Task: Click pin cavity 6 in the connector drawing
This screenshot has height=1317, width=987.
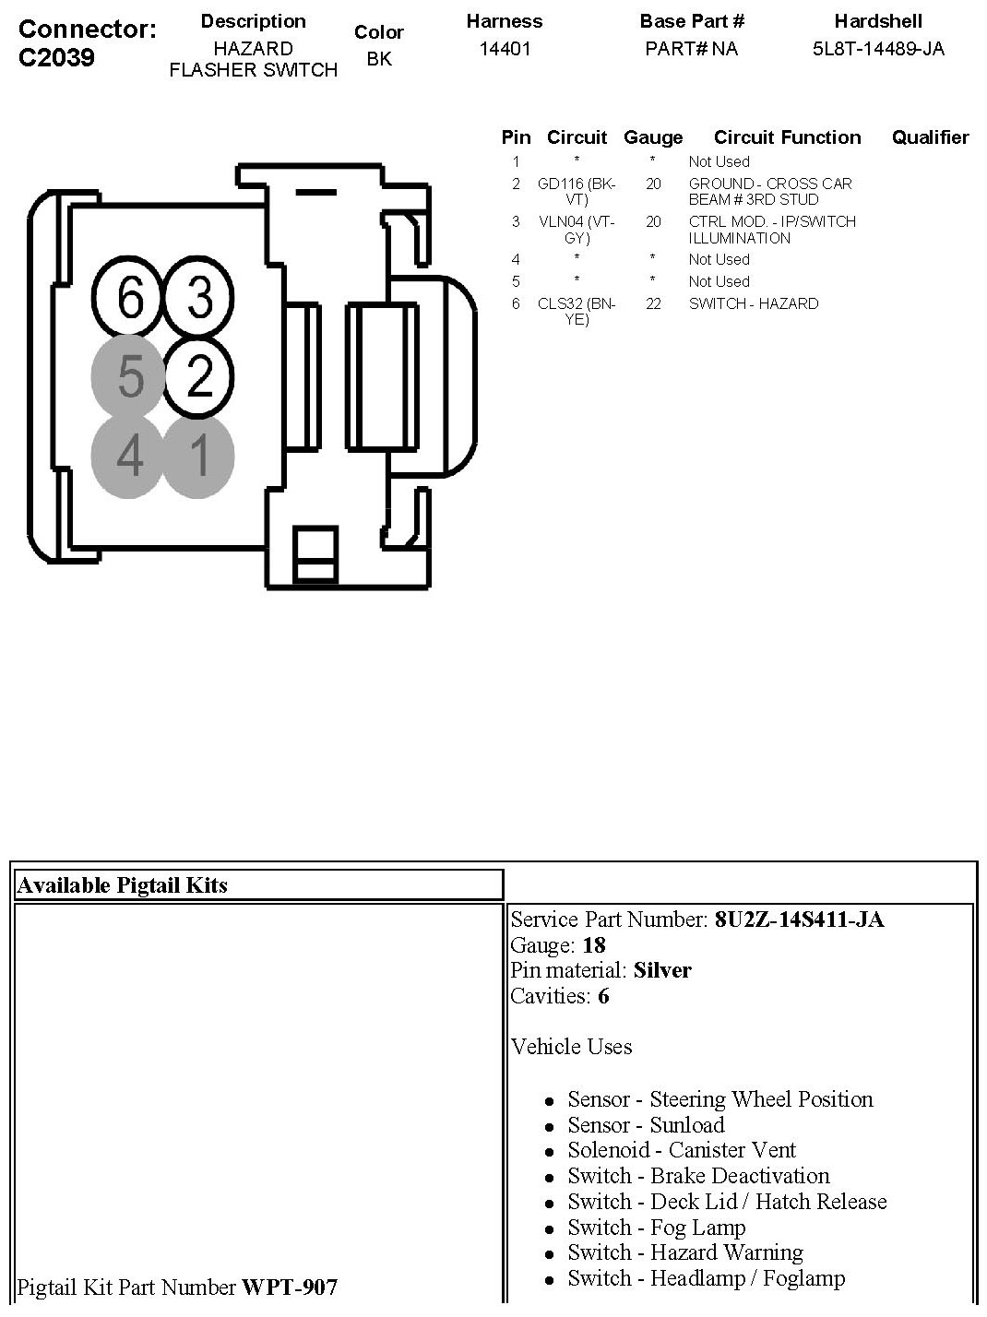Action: point(130,298)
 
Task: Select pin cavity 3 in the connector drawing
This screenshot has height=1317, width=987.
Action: point(199,298)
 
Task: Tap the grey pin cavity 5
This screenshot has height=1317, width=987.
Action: point(130,377)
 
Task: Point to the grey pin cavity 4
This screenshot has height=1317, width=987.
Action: point(130,456)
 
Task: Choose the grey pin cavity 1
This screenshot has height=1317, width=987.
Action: point(199,456)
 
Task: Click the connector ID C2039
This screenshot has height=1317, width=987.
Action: point(56,57)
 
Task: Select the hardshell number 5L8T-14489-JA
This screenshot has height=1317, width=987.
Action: point(878,49)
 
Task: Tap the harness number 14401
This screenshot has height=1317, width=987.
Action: point(505,49)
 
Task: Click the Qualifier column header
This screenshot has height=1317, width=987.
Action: point(930,137)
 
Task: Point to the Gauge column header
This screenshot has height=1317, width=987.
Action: point(653,137)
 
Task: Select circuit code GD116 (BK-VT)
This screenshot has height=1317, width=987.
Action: point(577,191)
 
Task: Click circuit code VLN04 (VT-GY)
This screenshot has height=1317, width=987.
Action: point(577,229)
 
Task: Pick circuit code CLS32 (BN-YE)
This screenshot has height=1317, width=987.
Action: point(577,311)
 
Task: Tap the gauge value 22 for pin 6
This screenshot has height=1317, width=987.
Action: point(653,303)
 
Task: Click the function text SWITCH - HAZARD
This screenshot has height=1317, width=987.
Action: point(753,303)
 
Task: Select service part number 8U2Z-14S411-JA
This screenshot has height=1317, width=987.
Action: point(799,920)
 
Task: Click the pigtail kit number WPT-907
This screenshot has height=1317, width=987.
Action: point(290,1287)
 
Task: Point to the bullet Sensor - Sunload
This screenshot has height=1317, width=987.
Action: point(646,1125)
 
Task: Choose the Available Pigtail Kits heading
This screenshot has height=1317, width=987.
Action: point(123,885)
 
